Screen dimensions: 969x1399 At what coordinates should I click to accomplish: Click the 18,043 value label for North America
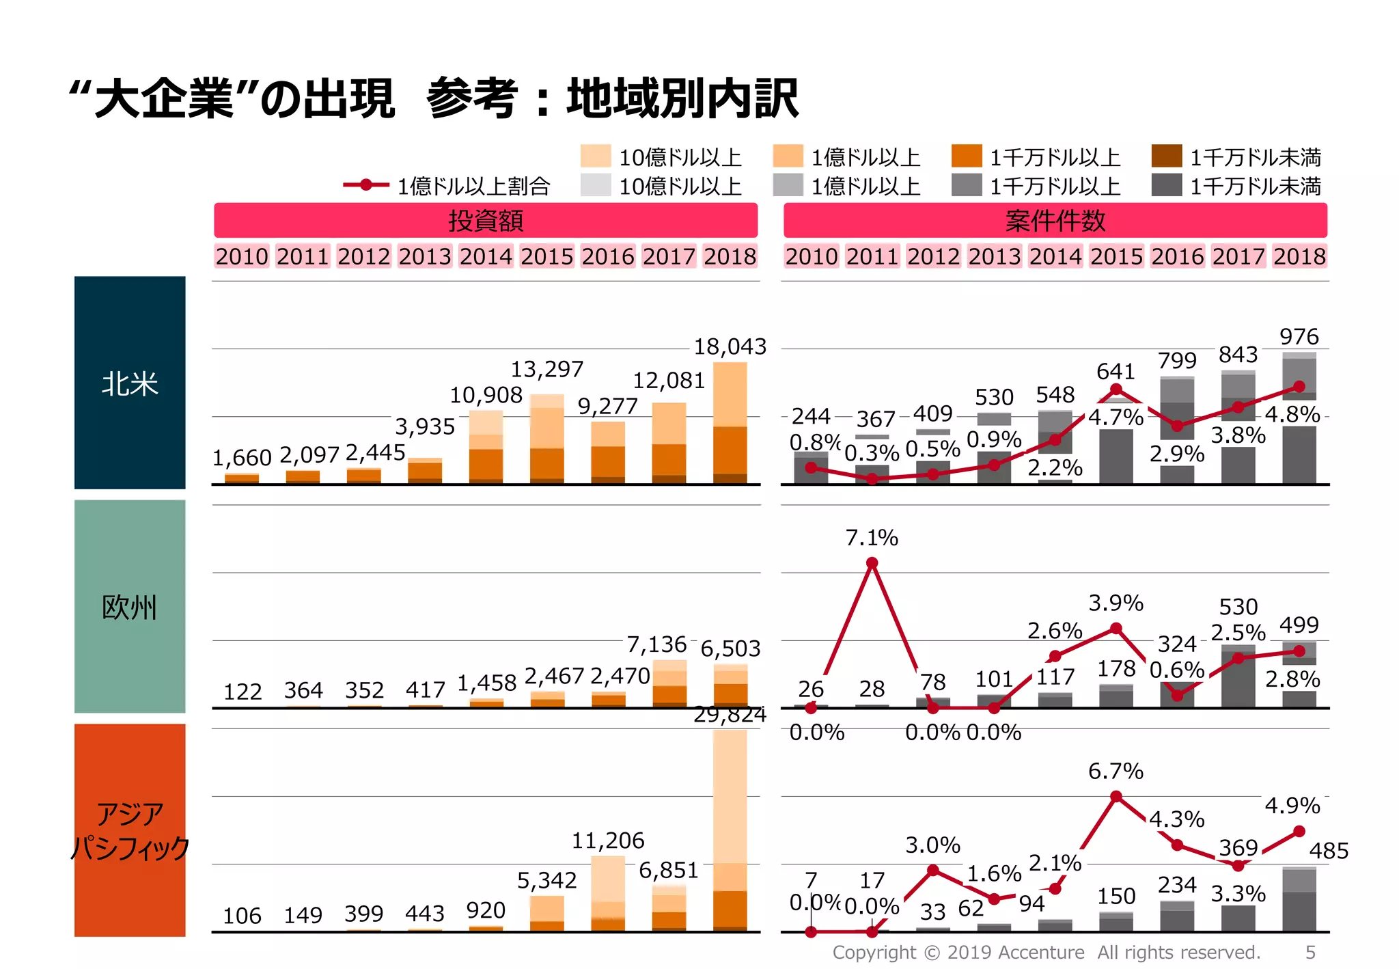coord(730,346)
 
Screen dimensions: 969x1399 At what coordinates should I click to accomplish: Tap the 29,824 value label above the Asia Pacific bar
coord(730,715)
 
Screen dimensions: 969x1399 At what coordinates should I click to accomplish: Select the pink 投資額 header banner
coord(486,221)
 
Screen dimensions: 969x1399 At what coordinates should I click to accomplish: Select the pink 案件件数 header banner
coord(1055,221)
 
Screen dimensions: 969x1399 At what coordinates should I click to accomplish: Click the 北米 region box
coord(130,383)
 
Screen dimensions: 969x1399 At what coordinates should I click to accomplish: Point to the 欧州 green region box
coord(130,606)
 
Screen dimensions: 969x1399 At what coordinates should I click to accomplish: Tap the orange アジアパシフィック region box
coord(130,830)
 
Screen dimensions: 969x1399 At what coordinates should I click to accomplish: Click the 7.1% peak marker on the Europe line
coord(872,563)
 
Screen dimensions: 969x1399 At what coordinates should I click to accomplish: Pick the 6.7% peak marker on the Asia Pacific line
coord(1116,797)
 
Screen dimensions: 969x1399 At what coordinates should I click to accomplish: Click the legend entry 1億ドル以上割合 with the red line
coord(447,185)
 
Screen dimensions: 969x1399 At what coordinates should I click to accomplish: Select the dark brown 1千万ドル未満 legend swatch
coord(1166,156)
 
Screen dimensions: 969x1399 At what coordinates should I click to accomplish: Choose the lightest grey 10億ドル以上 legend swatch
coord(595,185)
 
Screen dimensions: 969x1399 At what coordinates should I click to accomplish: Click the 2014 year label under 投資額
coord(486,256)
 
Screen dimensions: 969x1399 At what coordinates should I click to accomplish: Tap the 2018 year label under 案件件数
coord(1299,256)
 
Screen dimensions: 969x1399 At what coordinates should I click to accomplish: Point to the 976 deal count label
coord(1299,336)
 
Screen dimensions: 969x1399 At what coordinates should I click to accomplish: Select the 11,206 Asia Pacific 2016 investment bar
coord(607,894)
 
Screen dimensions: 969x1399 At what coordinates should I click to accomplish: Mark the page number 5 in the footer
coord(1310,952)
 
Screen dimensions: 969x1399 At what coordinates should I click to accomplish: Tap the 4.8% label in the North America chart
coord(1292,414)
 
